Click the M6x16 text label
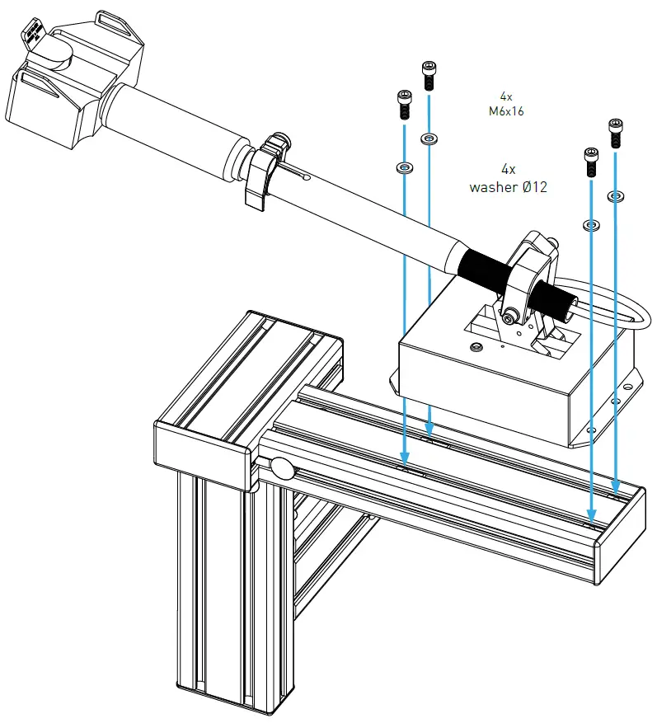pos(506,111)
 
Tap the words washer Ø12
pos(508,187)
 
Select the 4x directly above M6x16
pos(506,96)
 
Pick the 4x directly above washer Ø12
pos(508,169)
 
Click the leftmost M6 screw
pos(404,104)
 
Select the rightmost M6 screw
pos(615,133)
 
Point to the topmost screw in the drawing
pos(429,75)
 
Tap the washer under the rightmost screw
pos(615,196)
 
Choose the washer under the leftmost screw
pos(404,168)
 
